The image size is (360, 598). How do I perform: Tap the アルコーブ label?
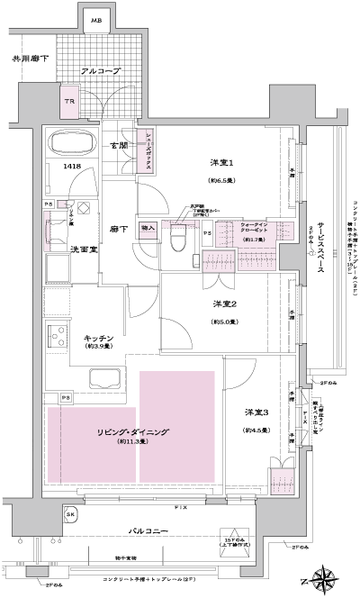tap(101, 69)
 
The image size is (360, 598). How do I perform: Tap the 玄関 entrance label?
tap(119, 146)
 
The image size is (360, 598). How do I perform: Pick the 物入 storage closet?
tap(148, 228)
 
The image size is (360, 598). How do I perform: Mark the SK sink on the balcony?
tap(71, 514)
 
